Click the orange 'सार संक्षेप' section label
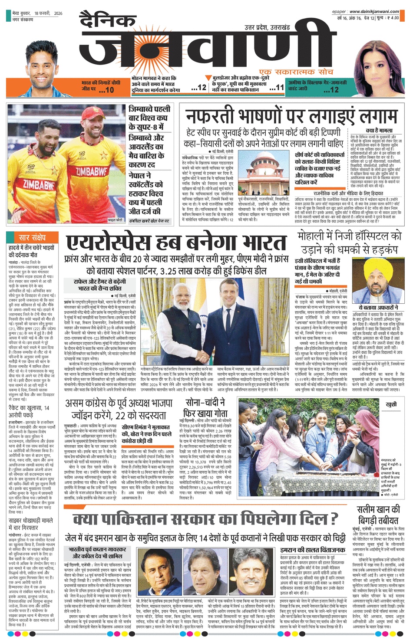coord(32,237)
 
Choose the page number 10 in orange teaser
coord(106,90)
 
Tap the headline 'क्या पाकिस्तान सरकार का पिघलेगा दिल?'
coord(205,518)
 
